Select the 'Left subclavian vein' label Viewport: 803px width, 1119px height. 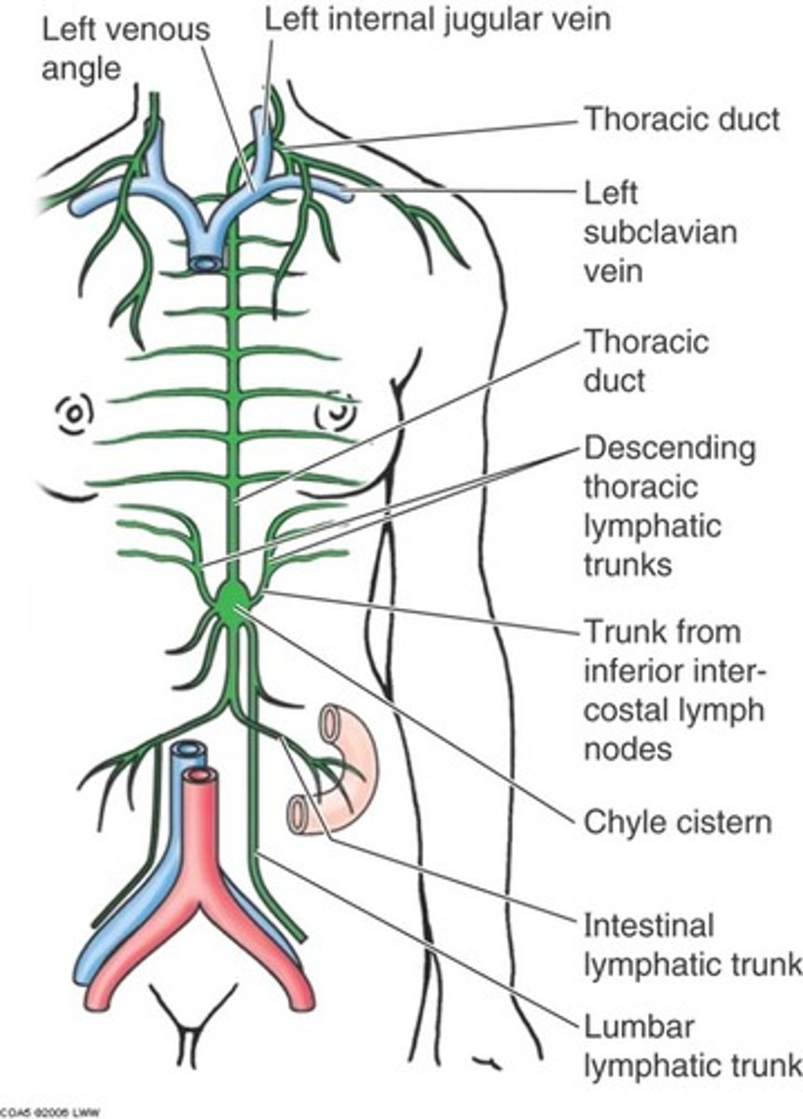click(659, 232)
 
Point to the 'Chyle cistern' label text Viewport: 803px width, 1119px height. click(677, 822)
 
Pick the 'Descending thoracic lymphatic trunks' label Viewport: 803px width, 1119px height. click(669, 505)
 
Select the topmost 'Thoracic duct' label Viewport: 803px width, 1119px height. click(681, 119)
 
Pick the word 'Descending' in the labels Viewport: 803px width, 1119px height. click(669, 449)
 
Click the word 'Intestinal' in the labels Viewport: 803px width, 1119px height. click(648, 925)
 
